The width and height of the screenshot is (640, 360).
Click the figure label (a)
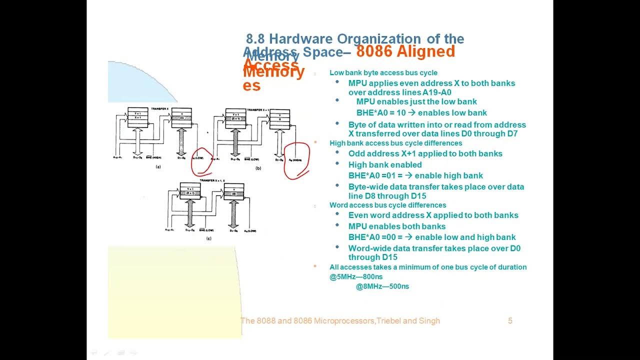pos(158,167)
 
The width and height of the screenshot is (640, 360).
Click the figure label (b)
pos(258,168)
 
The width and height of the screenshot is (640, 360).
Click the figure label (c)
pos(208,238)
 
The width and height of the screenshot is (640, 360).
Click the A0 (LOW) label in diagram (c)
pos(250,230)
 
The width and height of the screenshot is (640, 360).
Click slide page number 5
pos(510,321)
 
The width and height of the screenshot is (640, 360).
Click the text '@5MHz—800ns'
pos(356,276)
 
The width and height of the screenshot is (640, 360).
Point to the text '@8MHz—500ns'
pos(382,286)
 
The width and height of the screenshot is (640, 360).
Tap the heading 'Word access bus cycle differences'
pos(387,205)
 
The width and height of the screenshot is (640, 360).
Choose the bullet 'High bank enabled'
pos(384,164)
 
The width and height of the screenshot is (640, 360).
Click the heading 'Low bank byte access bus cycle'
pos(383,72)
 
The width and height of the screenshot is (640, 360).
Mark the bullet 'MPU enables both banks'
pos(396,226)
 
